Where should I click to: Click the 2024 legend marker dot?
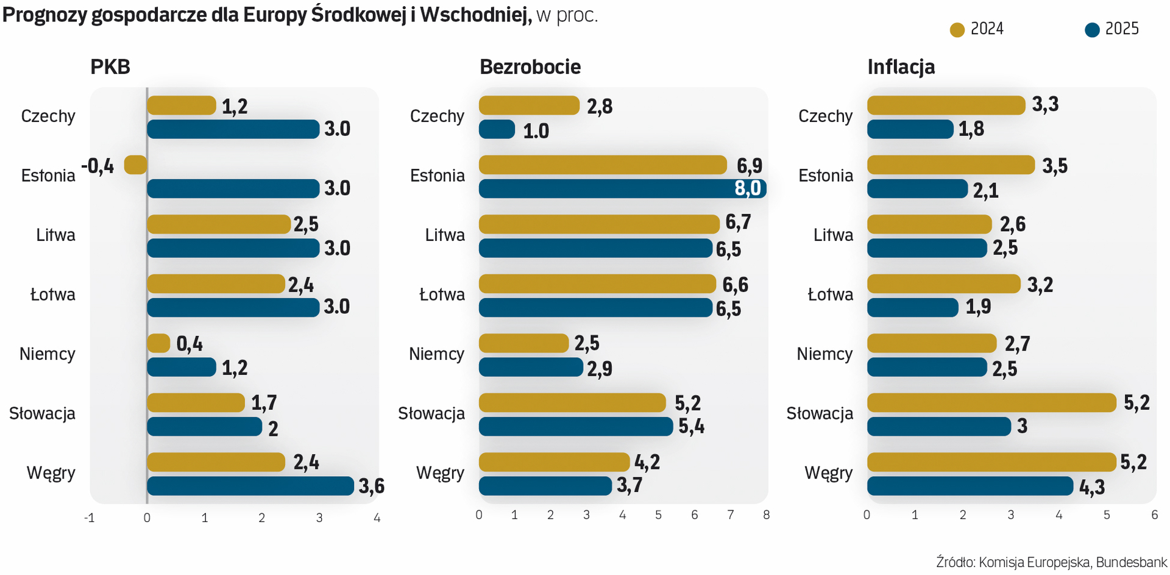[x=957, y=30]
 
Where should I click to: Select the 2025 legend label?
[x=1122, y=29]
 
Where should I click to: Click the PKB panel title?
[x=110, y=67]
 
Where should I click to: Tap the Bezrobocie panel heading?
[x=530, y=67]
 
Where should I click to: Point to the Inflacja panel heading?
[x=901, y=67]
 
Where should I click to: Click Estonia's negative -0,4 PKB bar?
[x=135, y=165]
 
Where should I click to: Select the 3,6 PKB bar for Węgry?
[x=250, y=486]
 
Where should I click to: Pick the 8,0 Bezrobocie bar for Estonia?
[x=622, y=188]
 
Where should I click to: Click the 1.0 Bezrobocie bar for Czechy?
[x=497, y=129]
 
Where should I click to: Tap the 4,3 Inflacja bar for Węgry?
[x=970, y=486]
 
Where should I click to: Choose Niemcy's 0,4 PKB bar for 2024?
[x=158, y=343]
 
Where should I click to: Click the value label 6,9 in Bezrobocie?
[x=750, y=166]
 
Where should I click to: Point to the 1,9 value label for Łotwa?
[x=978, y=307]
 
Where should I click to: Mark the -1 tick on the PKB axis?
[x=89, y=518]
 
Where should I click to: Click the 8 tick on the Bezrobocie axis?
[x=766, y=515]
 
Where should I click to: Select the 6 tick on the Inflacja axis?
[x=1154, y=515]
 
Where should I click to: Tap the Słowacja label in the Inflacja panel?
[x=820, y=413]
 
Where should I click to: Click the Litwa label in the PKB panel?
[x=55, y=235]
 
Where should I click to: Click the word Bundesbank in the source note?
[x=1132, y=562]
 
